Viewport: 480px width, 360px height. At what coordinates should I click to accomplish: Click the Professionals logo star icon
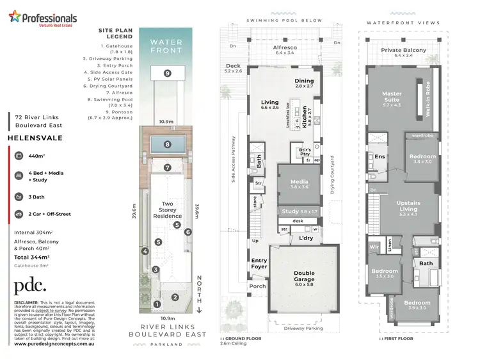click(14, 17)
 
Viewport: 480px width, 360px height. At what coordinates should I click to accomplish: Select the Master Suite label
click(391, 97)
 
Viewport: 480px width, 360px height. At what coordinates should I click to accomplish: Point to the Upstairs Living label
click(408, 206)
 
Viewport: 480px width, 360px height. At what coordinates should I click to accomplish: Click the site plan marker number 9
click(167, 73)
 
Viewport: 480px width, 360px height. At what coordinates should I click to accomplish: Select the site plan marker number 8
click(167, 144)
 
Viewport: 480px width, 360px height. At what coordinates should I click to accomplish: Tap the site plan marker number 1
click(157, 304)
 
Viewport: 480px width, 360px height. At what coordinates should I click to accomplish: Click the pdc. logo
click(30, 286)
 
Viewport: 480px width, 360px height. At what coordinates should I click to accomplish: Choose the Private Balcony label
click(404, 51)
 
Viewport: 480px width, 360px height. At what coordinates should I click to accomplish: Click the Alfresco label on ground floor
click(284, 47)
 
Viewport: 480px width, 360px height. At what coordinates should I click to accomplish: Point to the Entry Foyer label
click(259, 263)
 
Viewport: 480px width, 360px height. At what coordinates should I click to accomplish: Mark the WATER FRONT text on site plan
click(167, 45)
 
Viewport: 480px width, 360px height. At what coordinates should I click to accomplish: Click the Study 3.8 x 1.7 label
click(300, 211)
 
